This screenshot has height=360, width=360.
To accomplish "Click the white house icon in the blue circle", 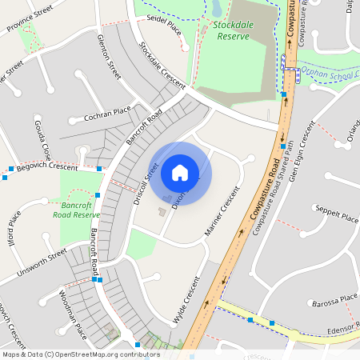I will tap(180, 172).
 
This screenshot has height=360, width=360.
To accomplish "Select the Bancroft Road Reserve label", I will tap(76, 210).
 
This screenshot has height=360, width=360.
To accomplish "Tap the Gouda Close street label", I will tap(43, 139).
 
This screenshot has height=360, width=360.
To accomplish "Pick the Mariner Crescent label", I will tap(222, 213).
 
